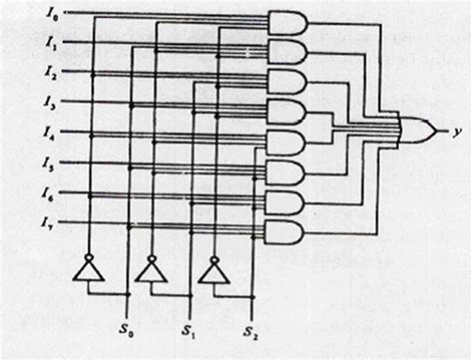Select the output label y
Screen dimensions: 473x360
click(x=456, y=130)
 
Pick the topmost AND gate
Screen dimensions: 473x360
click(x=286, y=23)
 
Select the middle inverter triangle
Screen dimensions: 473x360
click(x=152, y=269)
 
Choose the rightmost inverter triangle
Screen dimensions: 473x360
click(x=211, y=269)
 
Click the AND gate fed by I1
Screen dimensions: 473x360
click(x=286, y=52)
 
